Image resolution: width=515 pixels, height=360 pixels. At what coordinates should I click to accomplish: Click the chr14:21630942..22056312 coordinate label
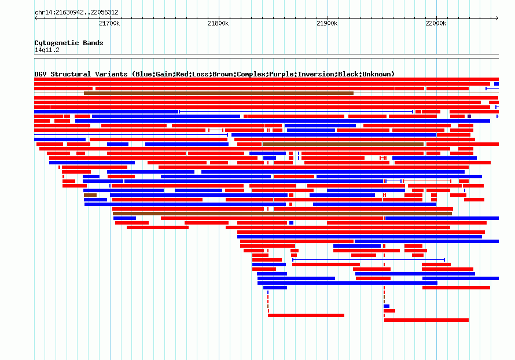coord(76,12)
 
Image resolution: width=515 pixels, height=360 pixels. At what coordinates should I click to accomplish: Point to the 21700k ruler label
coord(109,23)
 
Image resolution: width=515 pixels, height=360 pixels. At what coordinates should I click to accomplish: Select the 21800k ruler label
coord(218,23)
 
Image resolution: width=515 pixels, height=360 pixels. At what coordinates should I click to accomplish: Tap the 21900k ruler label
coord(327,23)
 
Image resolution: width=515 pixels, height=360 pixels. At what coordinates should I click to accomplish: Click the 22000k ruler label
coord(436,23)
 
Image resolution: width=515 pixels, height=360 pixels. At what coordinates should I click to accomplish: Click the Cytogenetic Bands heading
coord(69,43)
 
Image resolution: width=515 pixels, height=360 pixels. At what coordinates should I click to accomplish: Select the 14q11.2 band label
coord(47,50)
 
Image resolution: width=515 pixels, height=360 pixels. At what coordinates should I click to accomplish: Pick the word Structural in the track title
coord(71,74)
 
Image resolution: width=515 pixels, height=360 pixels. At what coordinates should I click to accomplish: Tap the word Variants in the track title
coord(111,74)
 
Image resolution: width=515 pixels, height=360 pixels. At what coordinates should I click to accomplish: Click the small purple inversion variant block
coord(469,116)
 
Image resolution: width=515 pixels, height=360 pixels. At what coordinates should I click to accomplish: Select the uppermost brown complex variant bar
coord(218,93)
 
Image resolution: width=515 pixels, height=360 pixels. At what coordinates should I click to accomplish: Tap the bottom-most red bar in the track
coord(426,320)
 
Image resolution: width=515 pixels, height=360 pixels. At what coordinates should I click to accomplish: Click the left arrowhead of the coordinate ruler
coord(36,19)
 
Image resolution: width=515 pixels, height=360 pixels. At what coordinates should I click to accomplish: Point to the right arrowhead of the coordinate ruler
coord(497,19)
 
